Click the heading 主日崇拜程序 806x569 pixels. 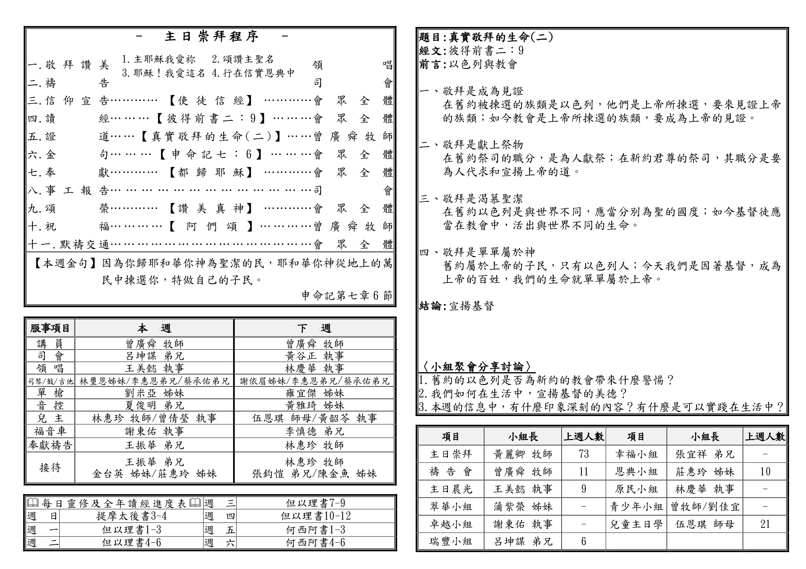pos(212,36)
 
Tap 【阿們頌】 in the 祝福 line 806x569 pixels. pos(211,226)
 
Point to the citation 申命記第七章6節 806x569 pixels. pos(347,296)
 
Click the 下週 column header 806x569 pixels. pos(314,328)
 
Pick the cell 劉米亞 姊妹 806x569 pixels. pos(154,393)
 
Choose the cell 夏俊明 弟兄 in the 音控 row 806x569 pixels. pos(154,405)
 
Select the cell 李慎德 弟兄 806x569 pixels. pos(314,431)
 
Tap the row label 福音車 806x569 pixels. pos(50,431)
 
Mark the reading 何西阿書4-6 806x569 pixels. pos(315,542)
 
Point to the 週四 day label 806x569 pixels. pos(220,516)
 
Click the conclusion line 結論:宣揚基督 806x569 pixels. pos(457,306)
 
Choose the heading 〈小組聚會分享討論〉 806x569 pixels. pos(477,366)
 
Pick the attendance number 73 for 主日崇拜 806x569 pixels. pos(583,454)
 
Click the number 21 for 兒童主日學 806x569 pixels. pos(765,524)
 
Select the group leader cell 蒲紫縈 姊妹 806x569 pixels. pos(523,507)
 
